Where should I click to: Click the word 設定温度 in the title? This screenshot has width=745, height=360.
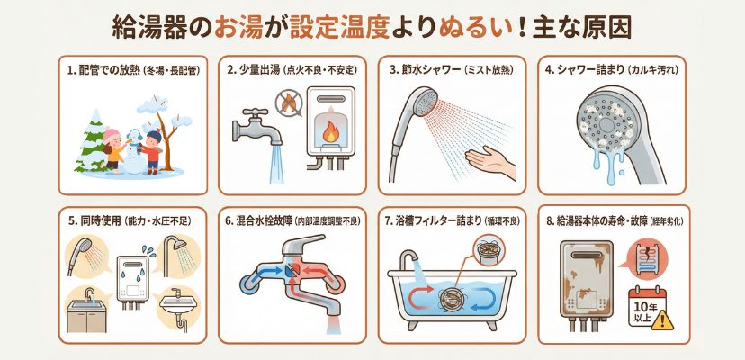(x=340, y=28)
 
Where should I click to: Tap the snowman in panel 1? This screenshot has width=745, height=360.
(x=135, y=152)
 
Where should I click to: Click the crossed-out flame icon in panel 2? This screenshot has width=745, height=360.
(x=289, y=103)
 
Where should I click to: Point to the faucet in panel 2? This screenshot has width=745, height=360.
(x=257, y=127)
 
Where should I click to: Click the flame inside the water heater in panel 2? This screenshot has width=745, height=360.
(x=329, y=132)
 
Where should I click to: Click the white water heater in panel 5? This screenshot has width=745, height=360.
(x=132, y=281)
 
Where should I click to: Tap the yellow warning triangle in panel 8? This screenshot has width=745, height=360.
(x=662, y=320)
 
